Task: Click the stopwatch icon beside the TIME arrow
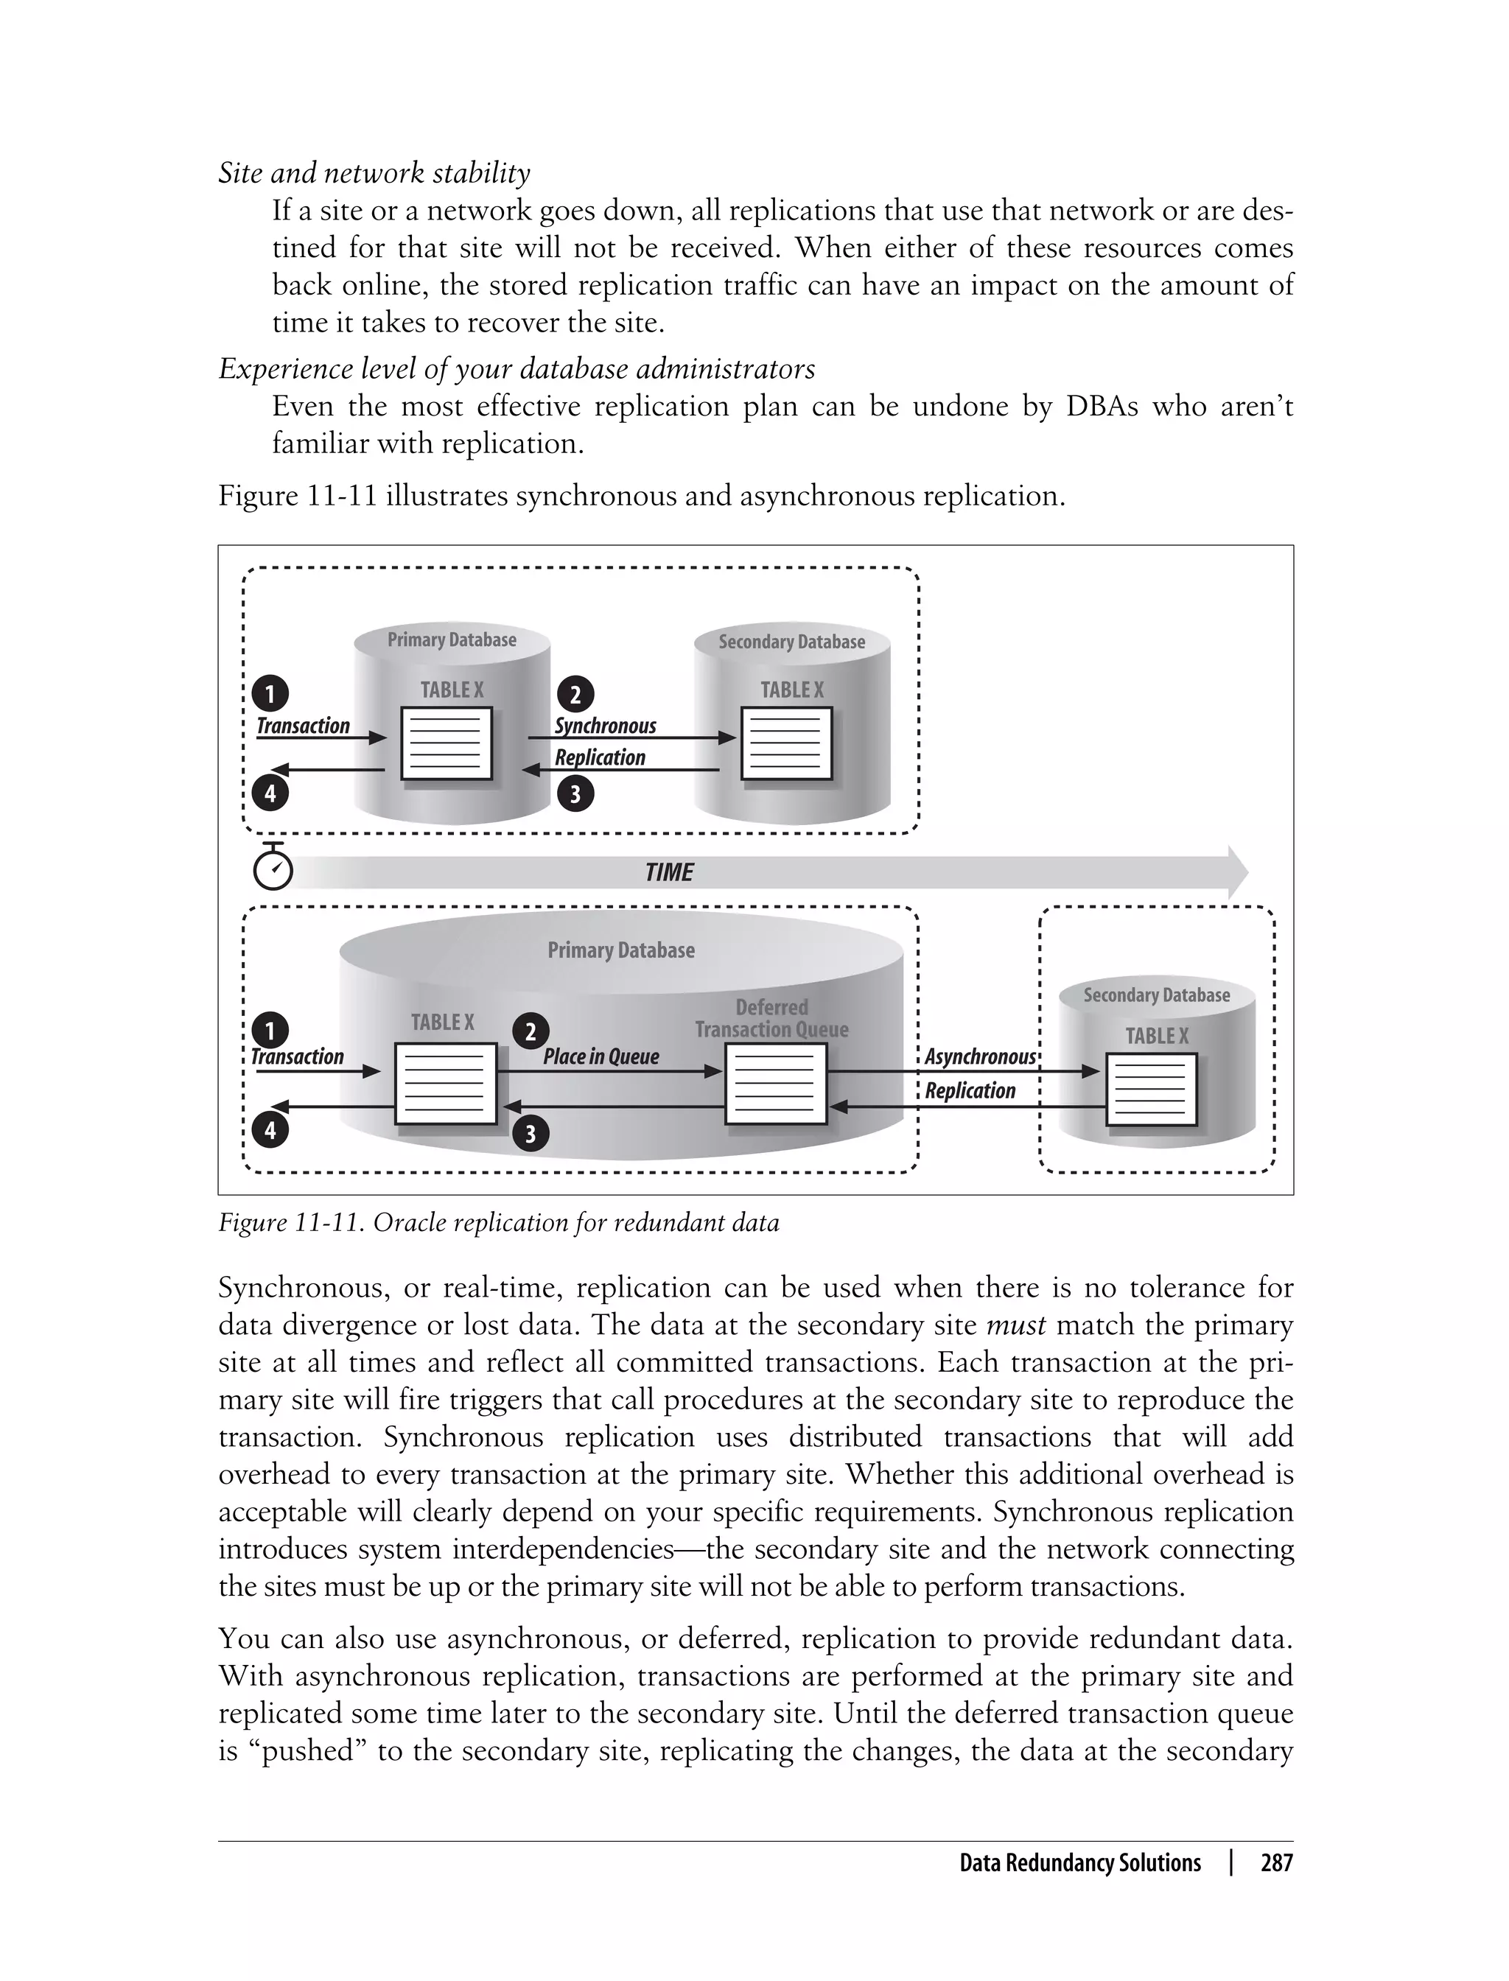coord(273,868)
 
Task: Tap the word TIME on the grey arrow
coord(669,872)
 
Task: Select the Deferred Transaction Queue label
coord(771,1018)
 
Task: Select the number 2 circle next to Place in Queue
coord(530,1031)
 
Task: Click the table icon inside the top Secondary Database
coord(786,743)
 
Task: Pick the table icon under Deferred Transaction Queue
coord(775,1084)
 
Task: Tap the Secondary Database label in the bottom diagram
coord(1156,995)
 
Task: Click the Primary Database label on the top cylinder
coord(452,639)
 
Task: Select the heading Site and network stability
coord(374,172)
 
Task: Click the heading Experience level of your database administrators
coord(517,368)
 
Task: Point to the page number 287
coord(1275,1862)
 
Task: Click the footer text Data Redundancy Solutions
coord(1079,1862)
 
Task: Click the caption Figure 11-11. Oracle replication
coord(499,1223)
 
